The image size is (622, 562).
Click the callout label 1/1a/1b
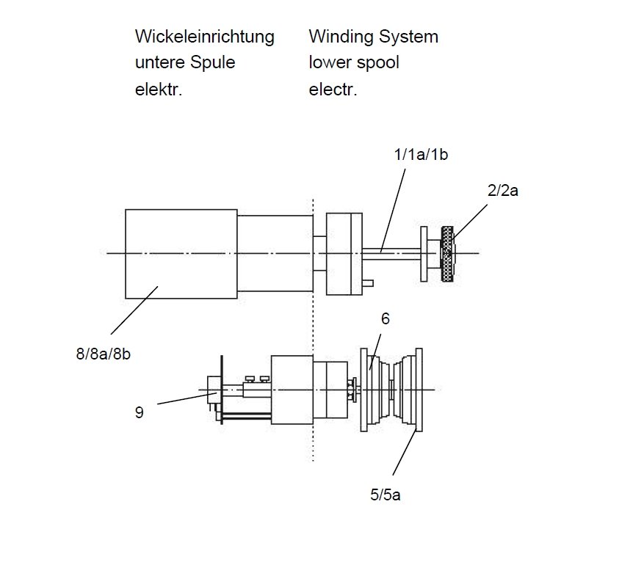click(x=421, y=154)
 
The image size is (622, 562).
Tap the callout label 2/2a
click(x=502, y=191)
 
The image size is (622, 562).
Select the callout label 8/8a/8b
click(x=103, y=354)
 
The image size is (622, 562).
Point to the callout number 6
click(x=386, y=318)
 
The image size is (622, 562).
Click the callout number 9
click(x=140, y=412)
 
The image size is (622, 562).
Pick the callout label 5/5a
click(x=386, y=495)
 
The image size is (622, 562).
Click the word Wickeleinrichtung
click(x=205, y=37)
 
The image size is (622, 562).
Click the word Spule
click(x=213, y=62)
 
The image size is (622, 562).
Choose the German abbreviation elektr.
click(x=159, y=90)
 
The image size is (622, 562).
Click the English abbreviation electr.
click(x=333, y=90)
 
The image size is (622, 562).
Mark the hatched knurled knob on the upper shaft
click(x=447, y=254)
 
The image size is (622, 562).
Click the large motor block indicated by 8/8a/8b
click(x=181, y=254)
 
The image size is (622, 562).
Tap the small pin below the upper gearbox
click(x=367, y=283)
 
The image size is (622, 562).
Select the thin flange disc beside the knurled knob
click(x=424, y=254)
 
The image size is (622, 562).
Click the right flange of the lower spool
click(x=419, y=390)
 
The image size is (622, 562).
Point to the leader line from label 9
click(x=187, y=398)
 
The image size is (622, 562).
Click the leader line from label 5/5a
click(x=405, y=452)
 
